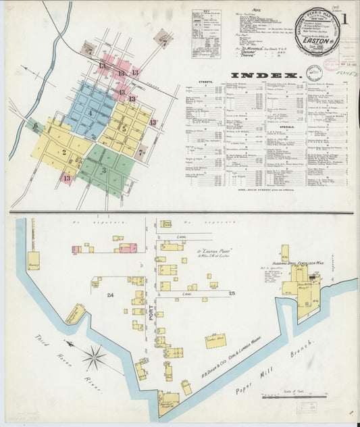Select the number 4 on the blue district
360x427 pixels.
pos(88,112)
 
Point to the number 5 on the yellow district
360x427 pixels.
pos(124,128)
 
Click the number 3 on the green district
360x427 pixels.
pos(103,171)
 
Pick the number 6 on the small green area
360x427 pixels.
pos(35,126)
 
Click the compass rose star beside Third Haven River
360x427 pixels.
pos(95,353)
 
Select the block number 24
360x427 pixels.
pos(109,294)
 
